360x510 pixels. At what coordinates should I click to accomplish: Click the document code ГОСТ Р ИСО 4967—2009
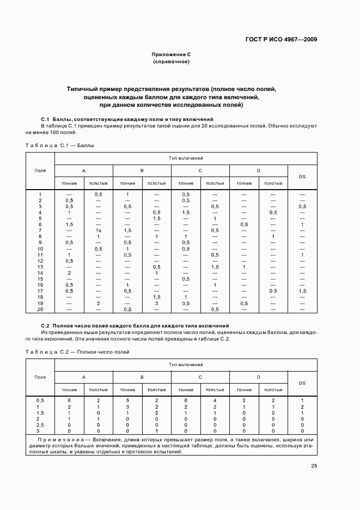click(280, 39)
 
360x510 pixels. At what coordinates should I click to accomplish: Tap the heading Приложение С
click(171, 54)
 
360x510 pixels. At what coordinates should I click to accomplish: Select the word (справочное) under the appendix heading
click(171, 62)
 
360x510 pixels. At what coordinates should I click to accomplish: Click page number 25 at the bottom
click(314, 465)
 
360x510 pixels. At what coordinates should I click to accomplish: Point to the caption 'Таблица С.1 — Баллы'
click(60, 145)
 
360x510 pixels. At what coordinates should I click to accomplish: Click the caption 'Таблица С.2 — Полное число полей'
click(77, 353)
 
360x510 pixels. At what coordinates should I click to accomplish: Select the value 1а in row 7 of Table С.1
click(99, 230)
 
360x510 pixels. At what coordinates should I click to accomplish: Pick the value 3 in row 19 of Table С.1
click(156, 303)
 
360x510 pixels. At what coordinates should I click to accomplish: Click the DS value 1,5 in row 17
click(302, 291)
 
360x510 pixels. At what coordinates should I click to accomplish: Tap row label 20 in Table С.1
click(40, 309)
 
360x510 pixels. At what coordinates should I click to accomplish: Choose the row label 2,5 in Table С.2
click(40, 424)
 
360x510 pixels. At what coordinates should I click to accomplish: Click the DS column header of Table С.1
click(302, 177)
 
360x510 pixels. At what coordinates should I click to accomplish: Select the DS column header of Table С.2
click(302, 383)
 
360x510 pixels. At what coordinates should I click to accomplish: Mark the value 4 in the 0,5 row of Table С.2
click(215, 400)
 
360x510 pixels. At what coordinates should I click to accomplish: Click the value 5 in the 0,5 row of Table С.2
click(127, 400)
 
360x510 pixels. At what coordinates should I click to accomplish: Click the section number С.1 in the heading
click(46, 119)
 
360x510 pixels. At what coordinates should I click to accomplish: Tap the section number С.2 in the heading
click(46, 325)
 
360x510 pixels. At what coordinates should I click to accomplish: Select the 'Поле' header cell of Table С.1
click(40, 171)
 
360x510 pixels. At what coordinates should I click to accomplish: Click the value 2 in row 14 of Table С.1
click(69, 273)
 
